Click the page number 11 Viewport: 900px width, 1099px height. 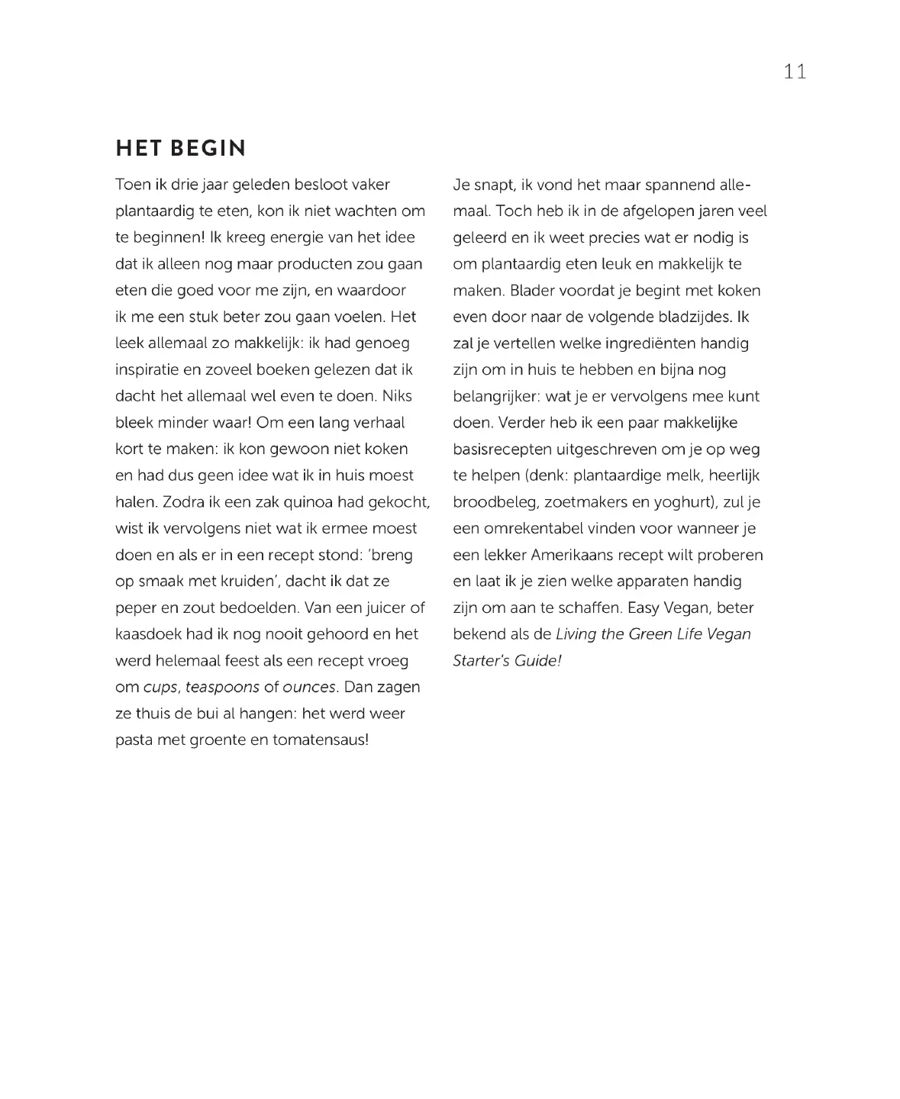(x=795, y=72)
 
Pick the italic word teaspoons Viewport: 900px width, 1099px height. (x=222, y=687)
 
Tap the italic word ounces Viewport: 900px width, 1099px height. (x=309, y=687)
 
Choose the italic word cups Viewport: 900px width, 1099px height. (x=160, y=687)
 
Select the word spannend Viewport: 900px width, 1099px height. (x=681, y=185)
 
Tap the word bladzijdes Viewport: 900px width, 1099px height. (x=688, y=317)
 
